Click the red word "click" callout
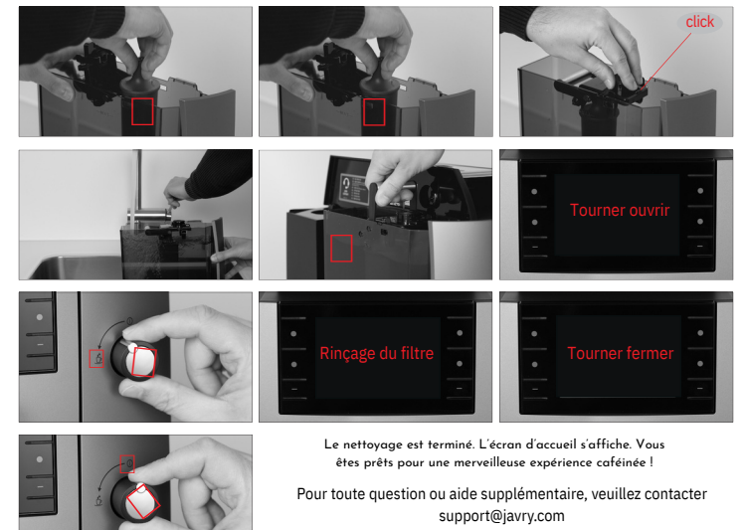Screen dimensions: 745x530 (699, 22)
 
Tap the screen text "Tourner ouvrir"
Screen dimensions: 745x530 (620, 210)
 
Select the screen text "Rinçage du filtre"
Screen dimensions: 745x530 (376, 353)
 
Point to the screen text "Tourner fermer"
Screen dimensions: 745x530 (620, 353)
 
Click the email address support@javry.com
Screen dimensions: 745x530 (501, 516)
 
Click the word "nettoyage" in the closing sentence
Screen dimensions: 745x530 (372, 445)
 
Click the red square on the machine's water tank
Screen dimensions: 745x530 (341, 248)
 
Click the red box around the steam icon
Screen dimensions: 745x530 (96, 359)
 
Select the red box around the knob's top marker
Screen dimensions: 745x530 (127, 464)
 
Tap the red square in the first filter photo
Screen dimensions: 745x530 (142, 111)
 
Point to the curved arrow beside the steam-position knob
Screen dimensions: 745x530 (107, 331)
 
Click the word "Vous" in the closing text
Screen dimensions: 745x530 (650, 444)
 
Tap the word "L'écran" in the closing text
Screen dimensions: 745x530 (498, 444)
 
